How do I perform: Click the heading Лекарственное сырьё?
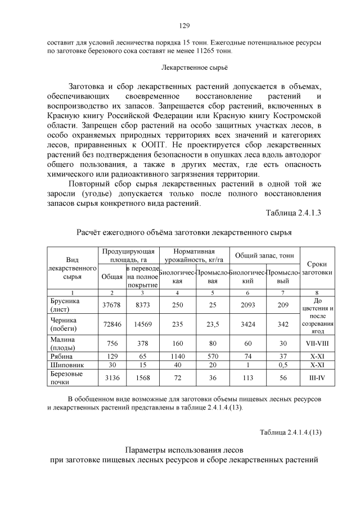pyautogui.click(x=183, y=67)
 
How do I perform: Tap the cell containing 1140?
pyautogui.click(x=178, y=357)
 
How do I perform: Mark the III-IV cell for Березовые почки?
pyautogui.click(x=317, y=378)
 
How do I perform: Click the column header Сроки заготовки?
pyautogui.click(x=317, y=268)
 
